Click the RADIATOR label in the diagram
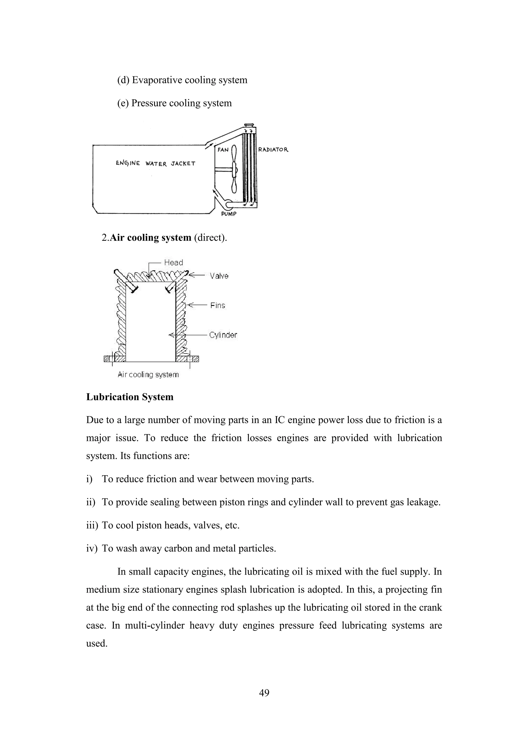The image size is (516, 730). pyautogui.click(x=273, y=149)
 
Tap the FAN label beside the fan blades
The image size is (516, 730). pyautogui.click(x=223, y=150)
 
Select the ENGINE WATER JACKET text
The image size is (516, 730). pyautogui.click(x=155, y=164)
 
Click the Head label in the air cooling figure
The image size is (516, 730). pyautogui.click(x=174, y=263)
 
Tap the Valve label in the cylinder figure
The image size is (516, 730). pyautogui.click(x=219, y=276)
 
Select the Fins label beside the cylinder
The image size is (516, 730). pyautogui.click(x=218, y=306)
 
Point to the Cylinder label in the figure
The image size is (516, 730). pyautogui.click(x=223, y=335)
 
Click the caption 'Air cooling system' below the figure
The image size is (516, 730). pyautogui.click(x=148, y=375)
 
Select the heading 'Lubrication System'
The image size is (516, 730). pyautogui.click(x=130, y=397)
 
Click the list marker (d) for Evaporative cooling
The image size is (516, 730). pyautogui.click(x=123, y=80)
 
